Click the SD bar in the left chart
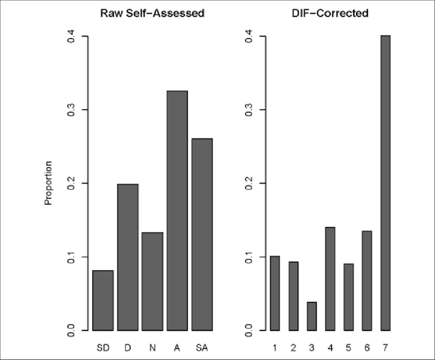(x=103, y=300)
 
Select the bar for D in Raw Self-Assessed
(x=128, y=257)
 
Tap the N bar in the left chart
(x=153, y=281)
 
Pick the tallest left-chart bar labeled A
(x=177, y=210)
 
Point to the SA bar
(x=202, y=234)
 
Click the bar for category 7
(x=385, y=183)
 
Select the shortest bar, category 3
(x=312, y=316)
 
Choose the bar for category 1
(x=275, y=293)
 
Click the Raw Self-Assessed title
(x=152, y=14)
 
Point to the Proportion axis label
(x=49, y=183)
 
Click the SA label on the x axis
(x=202, y=348)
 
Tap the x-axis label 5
(x=349, y=348)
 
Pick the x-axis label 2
(x=293, y=348)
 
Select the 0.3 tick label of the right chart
(x=249, y=109)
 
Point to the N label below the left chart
(x=153, y=348)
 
